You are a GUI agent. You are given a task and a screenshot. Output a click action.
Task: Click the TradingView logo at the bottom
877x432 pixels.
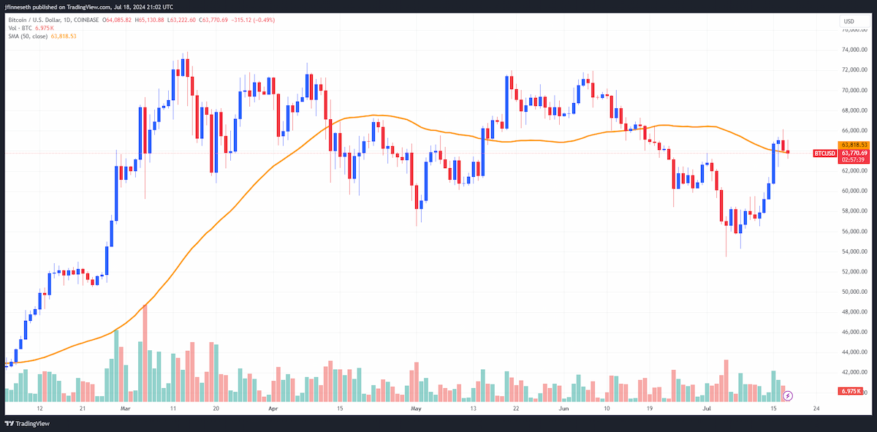(x=27, y=423)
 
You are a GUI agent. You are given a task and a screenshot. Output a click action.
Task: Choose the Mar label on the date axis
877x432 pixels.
(x=125, y=409)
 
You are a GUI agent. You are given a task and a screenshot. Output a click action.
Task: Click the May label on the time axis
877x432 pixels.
(x=416, y=409)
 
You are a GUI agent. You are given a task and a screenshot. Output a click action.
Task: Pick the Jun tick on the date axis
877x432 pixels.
(x=563, y=409)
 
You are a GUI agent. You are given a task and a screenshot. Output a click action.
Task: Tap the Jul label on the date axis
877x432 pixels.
(x=707, y=409)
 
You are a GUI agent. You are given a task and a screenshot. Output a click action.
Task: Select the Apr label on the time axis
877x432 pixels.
(x=273, y=409)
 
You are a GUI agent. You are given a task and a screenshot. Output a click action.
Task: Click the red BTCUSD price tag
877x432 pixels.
(x=824, y=154)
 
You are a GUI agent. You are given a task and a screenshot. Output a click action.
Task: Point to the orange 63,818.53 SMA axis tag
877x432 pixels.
(x=854, y=145)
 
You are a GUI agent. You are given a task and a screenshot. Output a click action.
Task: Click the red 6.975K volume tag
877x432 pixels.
(x=851, y=391)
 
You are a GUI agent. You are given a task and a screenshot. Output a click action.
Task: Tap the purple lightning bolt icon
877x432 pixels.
(x=788, y=396)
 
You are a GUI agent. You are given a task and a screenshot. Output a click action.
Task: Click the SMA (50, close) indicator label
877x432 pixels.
(x=28, y=36)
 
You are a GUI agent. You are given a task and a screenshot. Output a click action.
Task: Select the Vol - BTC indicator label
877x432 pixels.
(x=20, y=29)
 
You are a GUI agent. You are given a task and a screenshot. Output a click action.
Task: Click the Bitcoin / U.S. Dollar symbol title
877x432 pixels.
(x=35, y=20)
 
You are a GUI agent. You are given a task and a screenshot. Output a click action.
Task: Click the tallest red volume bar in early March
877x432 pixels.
(x=145, y=353)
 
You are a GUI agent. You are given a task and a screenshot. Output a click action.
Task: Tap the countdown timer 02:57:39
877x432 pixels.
(x=854, y=160)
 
